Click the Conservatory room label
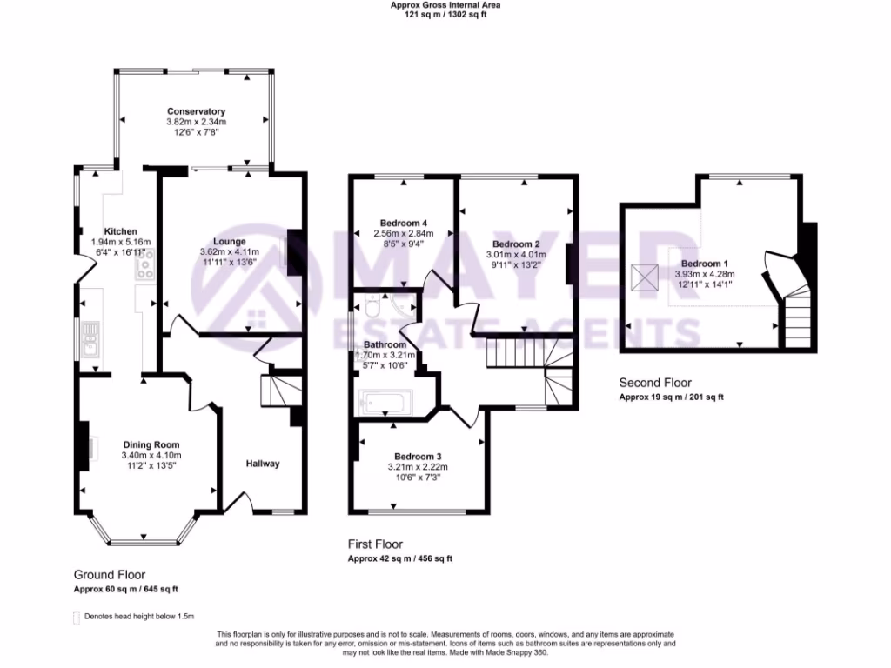coord(196,111)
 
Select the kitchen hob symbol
coord(144,264)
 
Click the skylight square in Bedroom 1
coord(646,277)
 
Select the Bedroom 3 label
coord(418,457)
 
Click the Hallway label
coord(262,464)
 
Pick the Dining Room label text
coord(151,444)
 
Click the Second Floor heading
coord(654,383)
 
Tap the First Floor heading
coord(375,544)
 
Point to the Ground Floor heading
coord(109,575)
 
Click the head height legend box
coord(76,617)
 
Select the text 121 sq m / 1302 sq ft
coord(445,15)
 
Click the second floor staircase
coord(798,320)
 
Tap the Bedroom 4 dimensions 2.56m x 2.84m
coord(403,233)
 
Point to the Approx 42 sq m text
coord(400,558)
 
